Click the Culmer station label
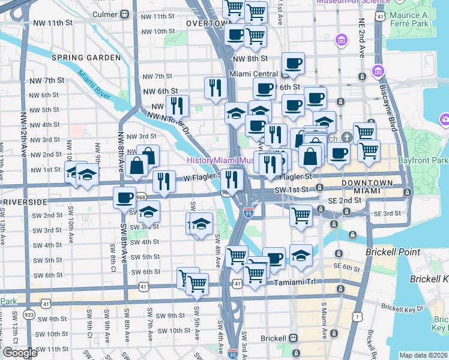(106, 14)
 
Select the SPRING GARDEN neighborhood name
(86, 58)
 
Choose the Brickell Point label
(393, 252)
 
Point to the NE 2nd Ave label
(361, 41)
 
